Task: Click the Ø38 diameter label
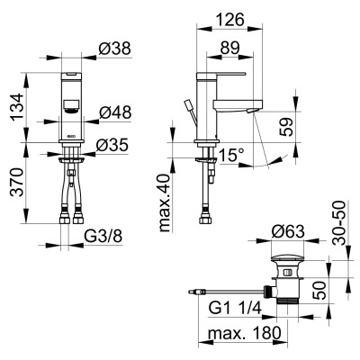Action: [115, 49]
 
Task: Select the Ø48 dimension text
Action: [115, 112]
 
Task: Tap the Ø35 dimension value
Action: [112, 145]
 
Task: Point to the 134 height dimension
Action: [17, 107]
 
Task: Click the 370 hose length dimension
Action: [17, 182]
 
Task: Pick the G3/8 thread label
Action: [103, 237]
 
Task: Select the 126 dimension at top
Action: [229, 20]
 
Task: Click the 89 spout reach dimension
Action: [230, 48]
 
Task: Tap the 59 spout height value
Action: [286, 127]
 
